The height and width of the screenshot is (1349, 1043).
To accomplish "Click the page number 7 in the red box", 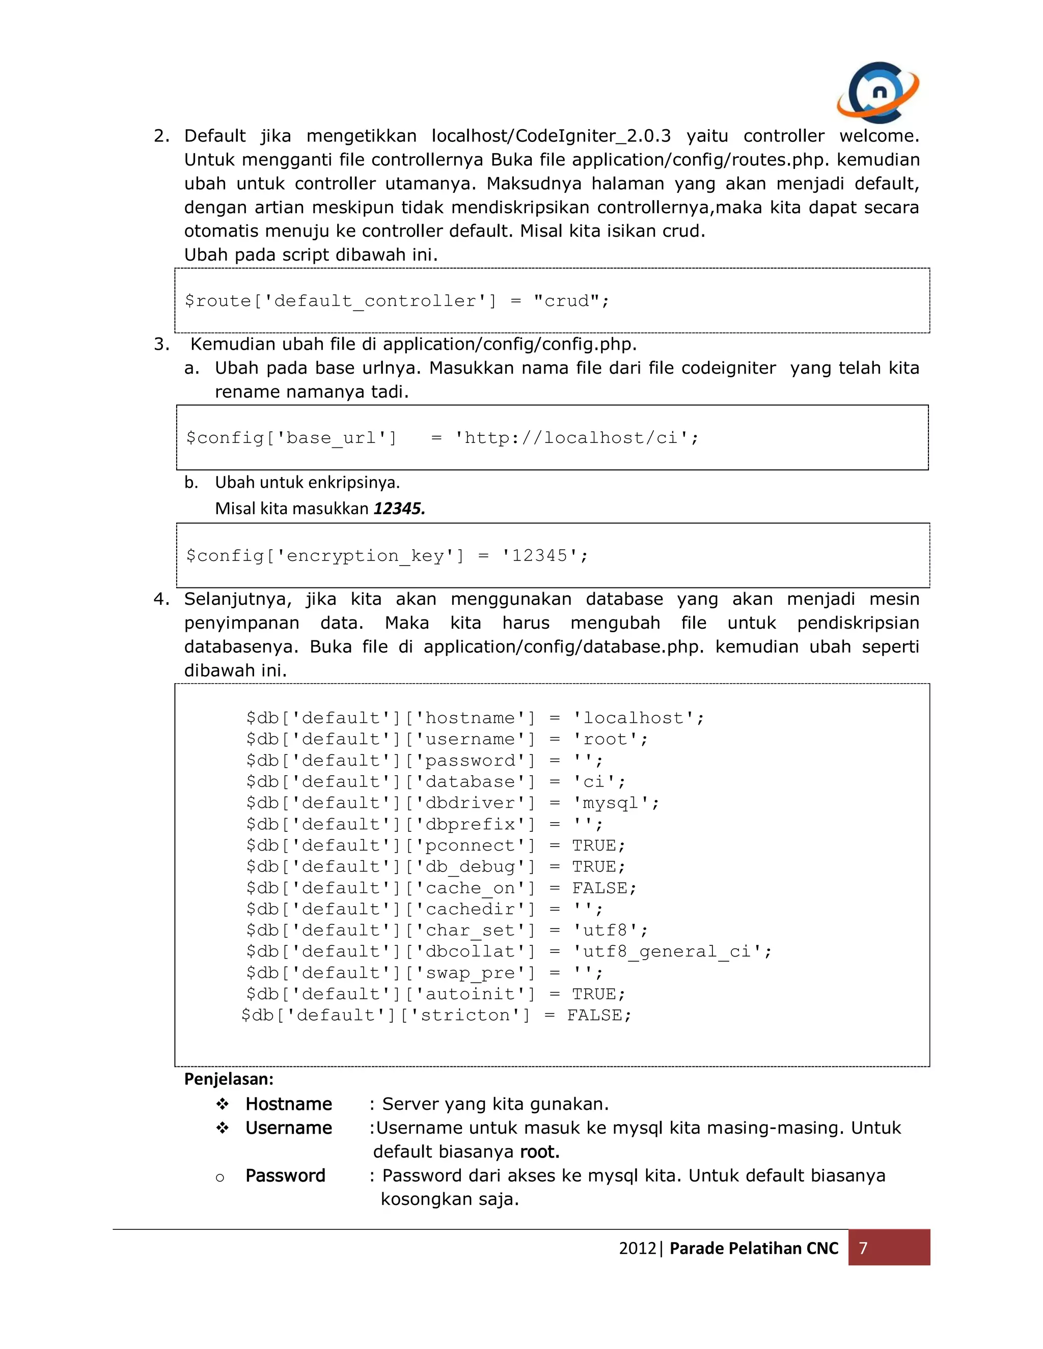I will tap(863, 1248).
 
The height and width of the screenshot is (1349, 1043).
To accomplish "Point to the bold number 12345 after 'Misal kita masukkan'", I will tap(399, 509).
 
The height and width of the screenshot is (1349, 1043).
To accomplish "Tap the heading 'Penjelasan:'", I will tap(229, 1079).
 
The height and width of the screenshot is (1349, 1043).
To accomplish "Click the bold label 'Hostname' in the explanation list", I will tap(289, 1104).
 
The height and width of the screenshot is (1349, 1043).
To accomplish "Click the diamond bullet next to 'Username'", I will tap(223, 1128).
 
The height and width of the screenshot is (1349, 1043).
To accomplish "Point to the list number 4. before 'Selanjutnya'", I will tap(160, 599).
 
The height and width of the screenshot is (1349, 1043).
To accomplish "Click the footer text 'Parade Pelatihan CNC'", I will tap(754, 1248).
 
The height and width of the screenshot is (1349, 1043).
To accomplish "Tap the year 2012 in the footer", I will tap(637, 1248).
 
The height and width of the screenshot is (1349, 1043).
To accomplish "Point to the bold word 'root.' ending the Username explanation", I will tap(539, 1151).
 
